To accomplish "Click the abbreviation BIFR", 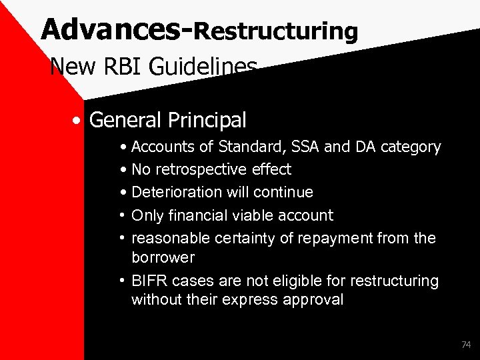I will tap(149, 281).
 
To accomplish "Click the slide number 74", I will tap(465, 345).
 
